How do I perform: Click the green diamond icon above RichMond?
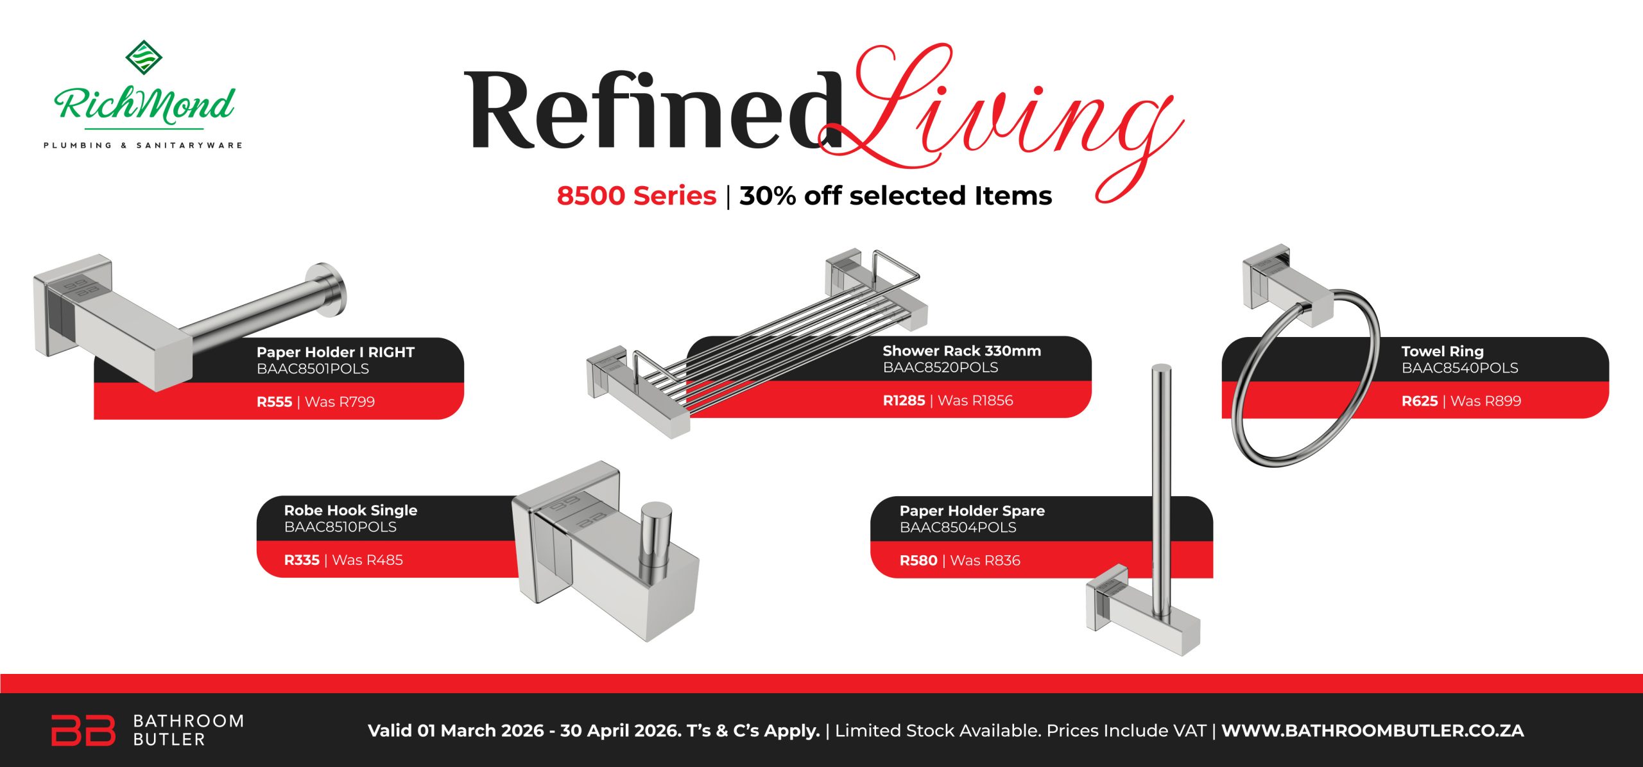tap(143, 56)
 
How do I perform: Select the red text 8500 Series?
tap(636, 196)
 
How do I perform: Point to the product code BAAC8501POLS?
tap(313, 369)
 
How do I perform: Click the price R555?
tap(274, 402)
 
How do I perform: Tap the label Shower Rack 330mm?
tap(961, 351)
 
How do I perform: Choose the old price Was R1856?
tap(975, 401)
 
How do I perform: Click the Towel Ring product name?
tap(1442, 352)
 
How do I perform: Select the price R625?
tap(1419, 401)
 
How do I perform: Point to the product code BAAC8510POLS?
tap(340, 527)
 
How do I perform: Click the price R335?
tap(302, 560)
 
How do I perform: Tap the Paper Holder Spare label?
tap(972, 511)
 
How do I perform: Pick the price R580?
tap(918, 561)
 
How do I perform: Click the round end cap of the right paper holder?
tap(327, 289)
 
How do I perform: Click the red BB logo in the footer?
tap(83, 730)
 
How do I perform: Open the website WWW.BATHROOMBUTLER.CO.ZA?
tap(1372, 730)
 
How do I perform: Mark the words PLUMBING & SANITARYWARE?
tap(143, 146)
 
